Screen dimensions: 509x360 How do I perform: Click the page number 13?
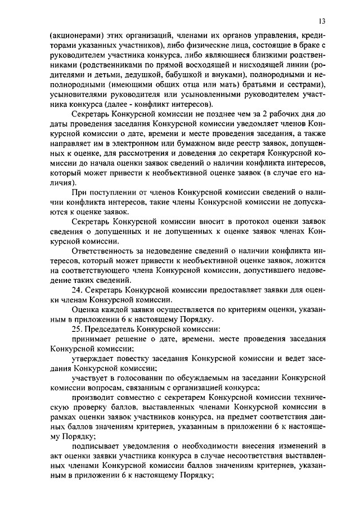click(321, 21)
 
